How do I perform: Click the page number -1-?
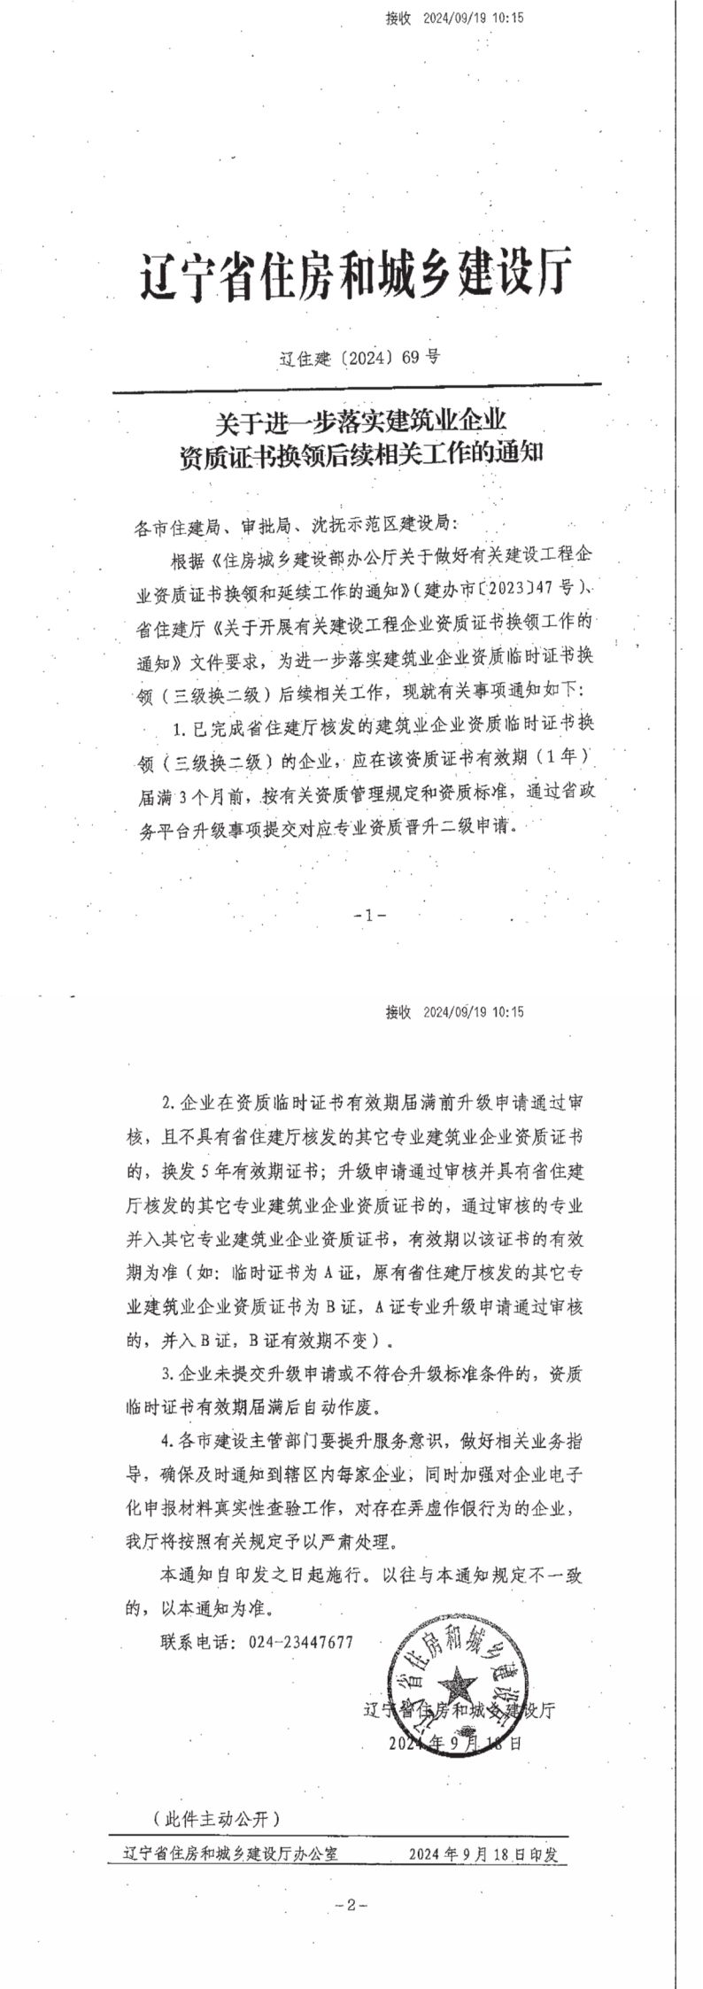pyautogui.click(x=369, y=916)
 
